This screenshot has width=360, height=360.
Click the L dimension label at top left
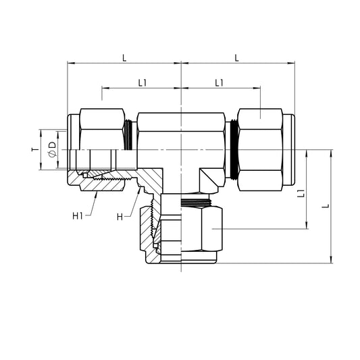[x=124, y=58]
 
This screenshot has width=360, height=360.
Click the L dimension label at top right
[x=237, y=58]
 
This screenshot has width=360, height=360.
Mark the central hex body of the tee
[x=181, y=138]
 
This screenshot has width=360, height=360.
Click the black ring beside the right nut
[x=234, y=149]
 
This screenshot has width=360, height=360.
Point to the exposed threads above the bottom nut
[x=198, y=201]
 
